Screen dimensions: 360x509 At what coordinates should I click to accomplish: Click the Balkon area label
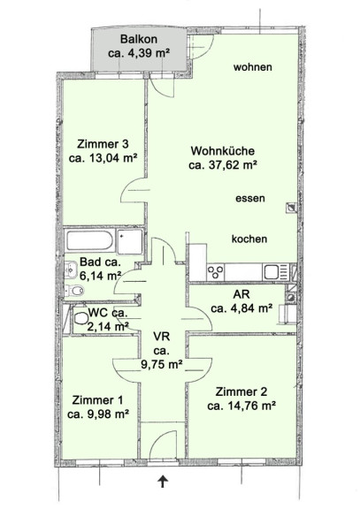pos(139,46)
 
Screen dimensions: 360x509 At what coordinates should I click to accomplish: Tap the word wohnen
pos(252,67)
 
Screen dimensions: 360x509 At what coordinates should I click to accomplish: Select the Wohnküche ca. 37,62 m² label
pos(223,158)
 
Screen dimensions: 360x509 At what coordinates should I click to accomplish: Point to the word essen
pos(250,198)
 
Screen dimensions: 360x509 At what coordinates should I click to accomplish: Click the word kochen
pos(249,239)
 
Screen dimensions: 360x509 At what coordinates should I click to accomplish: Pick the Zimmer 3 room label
pos(103,150)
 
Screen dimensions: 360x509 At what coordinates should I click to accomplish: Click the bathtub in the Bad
pos(90,240)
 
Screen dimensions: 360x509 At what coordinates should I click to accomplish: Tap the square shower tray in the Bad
pos(130,241)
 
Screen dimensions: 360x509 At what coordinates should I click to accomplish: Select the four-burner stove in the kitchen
pos(216,272)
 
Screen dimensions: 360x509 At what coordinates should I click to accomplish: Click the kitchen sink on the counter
pos(275,271)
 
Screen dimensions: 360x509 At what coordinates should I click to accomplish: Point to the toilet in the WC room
pos(80,318)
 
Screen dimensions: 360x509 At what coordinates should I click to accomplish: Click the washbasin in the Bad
pos(71,270)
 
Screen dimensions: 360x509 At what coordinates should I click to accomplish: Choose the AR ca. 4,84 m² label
pos(241,301)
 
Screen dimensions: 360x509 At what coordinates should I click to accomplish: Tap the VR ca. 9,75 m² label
pos(162,351)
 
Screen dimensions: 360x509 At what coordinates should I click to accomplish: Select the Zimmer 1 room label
pos(98,406)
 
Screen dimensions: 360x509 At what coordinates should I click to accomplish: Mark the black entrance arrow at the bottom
pos(163,481)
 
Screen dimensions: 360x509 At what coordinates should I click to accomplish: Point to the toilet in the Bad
pos(74,291)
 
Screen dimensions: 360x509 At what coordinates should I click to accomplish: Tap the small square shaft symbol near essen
pos(291,208)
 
